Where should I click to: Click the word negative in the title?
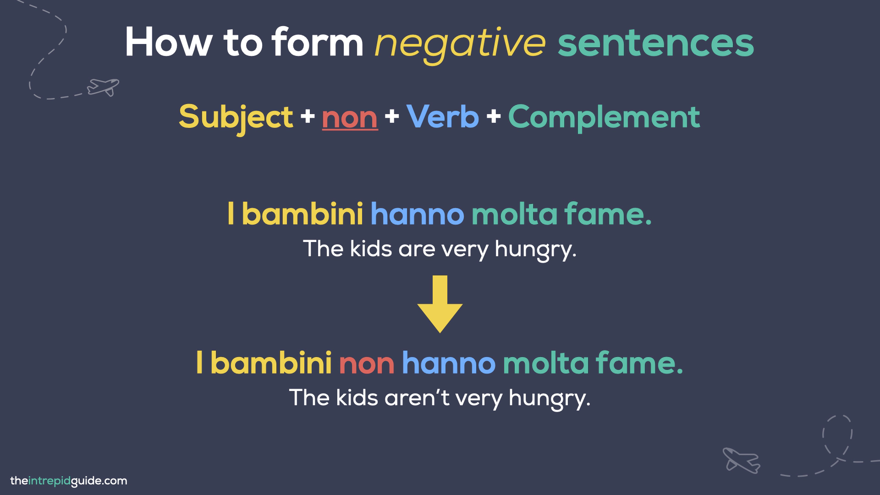(x=460, y=44)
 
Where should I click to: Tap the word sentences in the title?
(x=655, y=44)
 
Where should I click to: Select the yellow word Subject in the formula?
(x=236, y=117)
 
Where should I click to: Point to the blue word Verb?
(x=442, y=117)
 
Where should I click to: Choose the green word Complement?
(x=604, y=117)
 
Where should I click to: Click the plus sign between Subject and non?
(x=308, y=116)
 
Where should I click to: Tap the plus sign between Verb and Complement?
(x=494, y=116)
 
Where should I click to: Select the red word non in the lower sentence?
(x=367, y=363)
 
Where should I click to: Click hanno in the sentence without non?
(x=417, y=214)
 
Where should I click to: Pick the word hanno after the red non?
(x=449, y=363)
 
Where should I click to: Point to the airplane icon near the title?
(x=103, y=87)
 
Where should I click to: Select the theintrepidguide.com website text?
(x=69, y=481)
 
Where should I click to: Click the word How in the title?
(x=169, y=43)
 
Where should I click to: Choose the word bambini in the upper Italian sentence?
(x=302, y=214)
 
